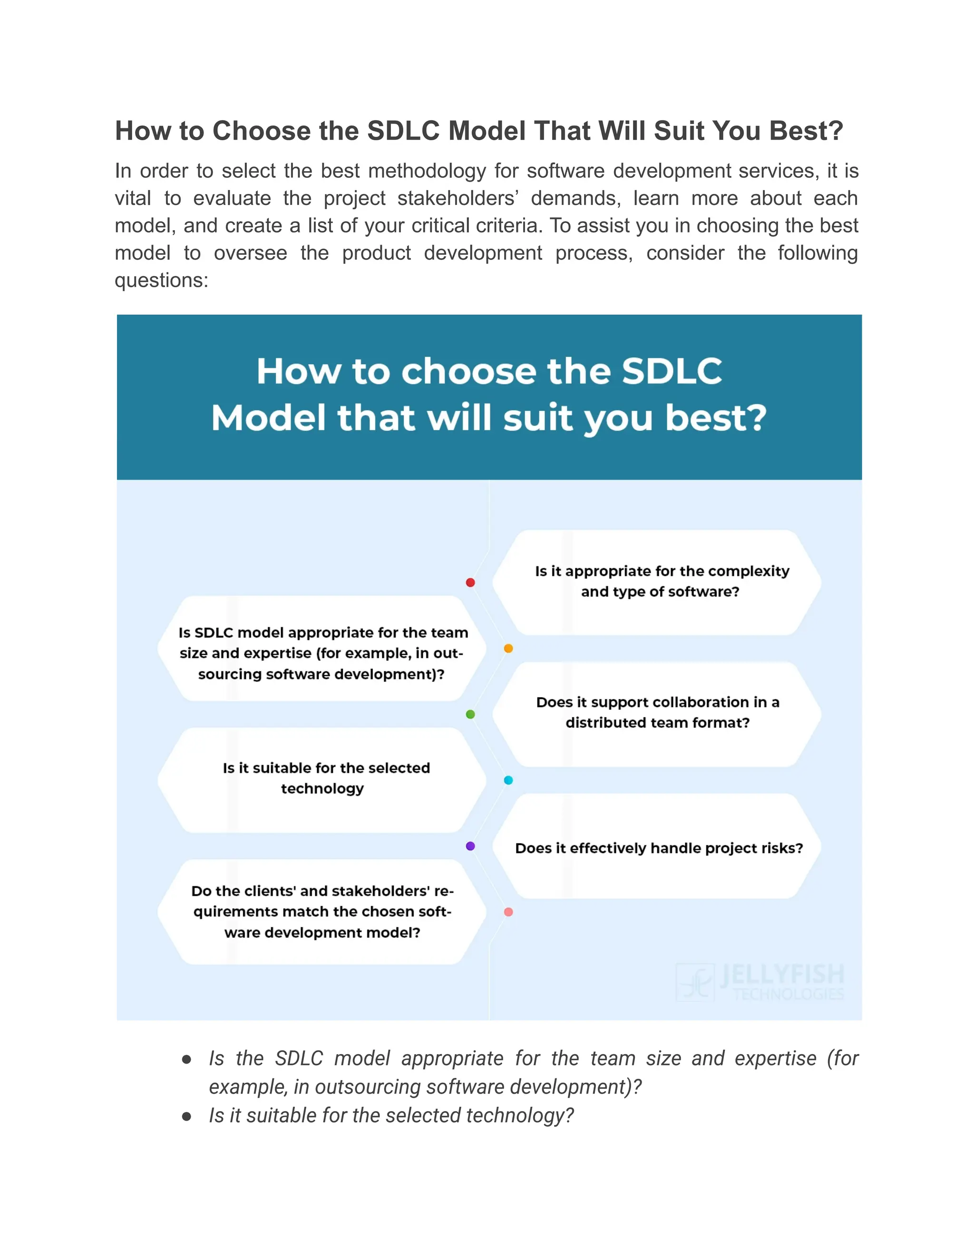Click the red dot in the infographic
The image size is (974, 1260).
pos(470,583)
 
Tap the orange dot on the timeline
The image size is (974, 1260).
pos(508,649)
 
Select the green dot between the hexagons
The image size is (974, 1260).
pos(470,714)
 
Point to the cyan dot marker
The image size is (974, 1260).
pos(508,780)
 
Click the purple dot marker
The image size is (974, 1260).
pos(470,846)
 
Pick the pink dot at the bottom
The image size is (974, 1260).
pos(508,912)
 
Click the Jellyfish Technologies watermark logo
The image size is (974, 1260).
pos(760,982)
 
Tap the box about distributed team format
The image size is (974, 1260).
pos(658,713)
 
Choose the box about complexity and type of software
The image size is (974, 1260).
pos(658,582)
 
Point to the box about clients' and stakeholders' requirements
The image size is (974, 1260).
pos(322,911)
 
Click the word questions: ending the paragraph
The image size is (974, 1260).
pos(162,281)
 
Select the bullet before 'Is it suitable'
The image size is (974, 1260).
pos(186,1116)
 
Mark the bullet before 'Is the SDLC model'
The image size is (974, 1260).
pos(186,1059)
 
